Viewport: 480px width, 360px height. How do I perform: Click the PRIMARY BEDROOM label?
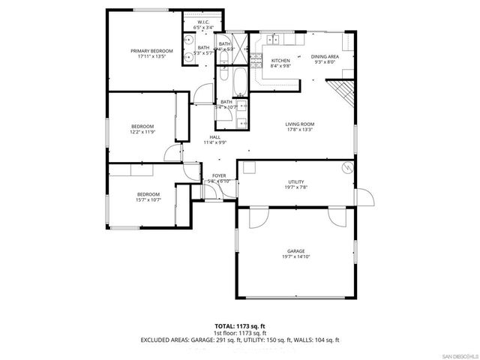[x=151, y=51]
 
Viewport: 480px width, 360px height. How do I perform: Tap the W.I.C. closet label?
[x=202, y=22]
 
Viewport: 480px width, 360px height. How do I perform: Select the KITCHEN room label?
[x=280, y=60]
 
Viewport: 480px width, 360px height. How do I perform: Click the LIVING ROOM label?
[x=299, y=124]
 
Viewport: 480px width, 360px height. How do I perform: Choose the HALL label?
[x=214, y=137]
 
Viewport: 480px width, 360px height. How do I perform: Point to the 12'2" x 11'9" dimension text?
[x=142, y=132]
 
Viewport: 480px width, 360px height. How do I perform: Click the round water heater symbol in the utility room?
[x=347, y=167]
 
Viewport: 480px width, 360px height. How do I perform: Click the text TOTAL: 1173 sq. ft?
[x=240, y=326]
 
